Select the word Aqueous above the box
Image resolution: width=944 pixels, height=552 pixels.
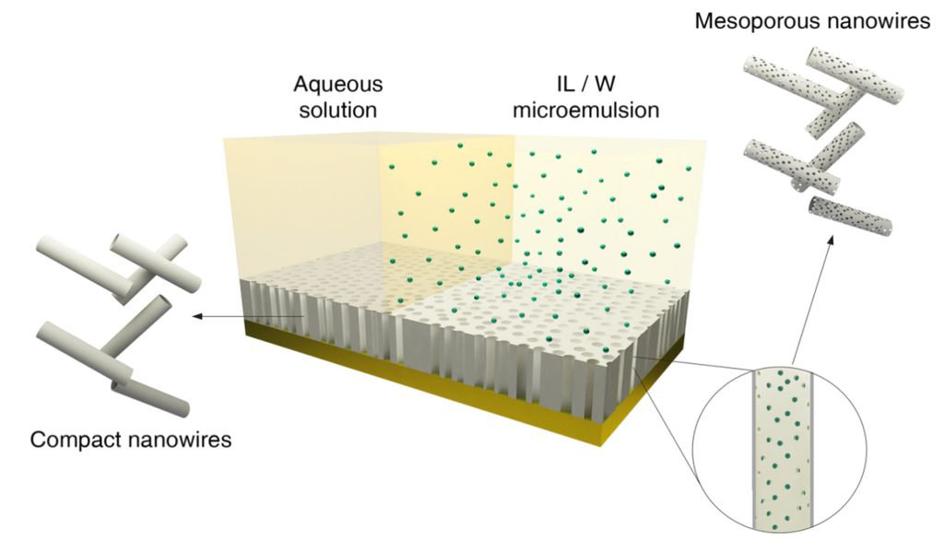tap(337, 85)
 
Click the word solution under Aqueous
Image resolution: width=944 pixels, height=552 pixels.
tap(337, 111)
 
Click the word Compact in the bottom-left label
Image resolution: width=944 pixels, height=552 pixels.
tap(73, 440)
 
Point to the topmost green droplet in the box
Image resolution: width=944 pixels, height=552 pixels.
tap(459, 146)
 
